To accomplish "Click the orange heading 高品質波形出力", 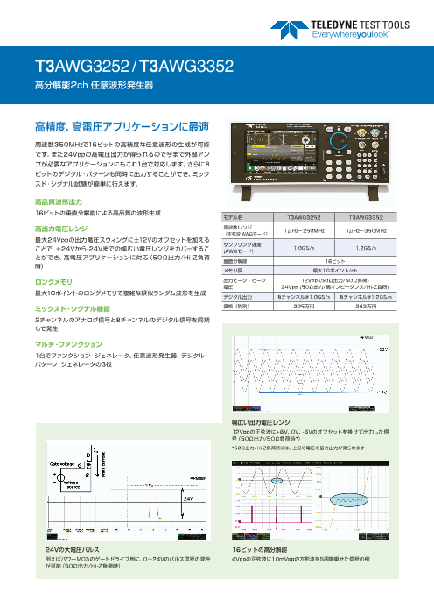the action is (58, 201).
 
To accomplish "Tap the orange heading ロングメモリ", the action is (53, 282).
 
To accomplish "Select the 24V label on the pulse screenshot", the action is (188, 498).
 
